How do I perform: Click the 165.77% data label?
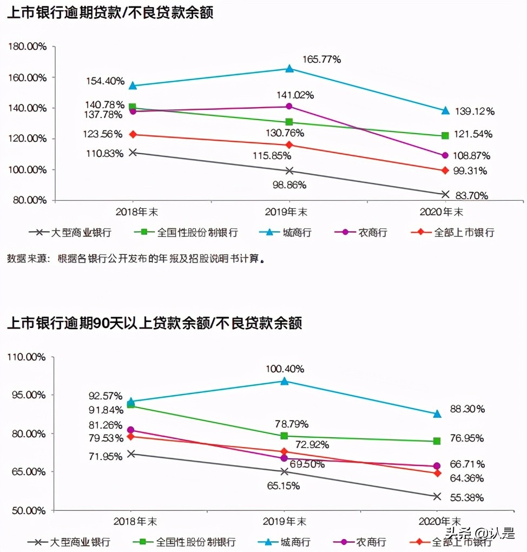(321, 60)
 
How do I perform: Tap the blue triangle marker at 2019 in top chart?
(289, 69)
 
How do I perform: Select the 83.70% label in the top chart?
(470, 195)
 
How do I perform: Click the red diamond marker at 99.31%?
(445, 170)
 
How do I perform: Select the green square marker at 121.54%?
(445, 135)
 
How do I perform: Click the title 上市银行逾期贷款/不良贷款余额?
(110, 12)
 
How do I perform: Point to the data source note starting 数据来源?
(135, 259)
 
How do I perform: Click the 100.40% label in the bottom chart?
(285, 369)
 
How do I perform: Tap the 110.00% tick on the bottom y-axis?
(28, 357)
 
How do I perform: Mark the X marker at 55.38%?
(437, 496)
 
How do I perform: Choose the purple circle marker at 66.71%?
(437, 466)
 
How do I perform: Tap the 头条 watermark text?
(458, 534)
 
